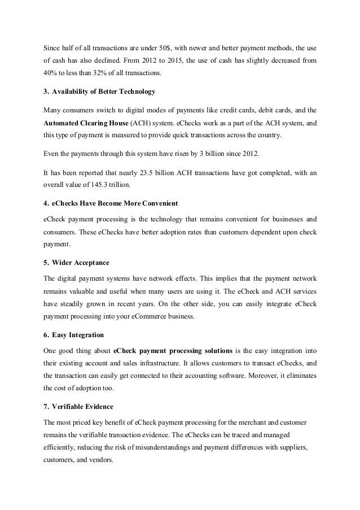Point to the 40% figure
click(50, 73)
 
